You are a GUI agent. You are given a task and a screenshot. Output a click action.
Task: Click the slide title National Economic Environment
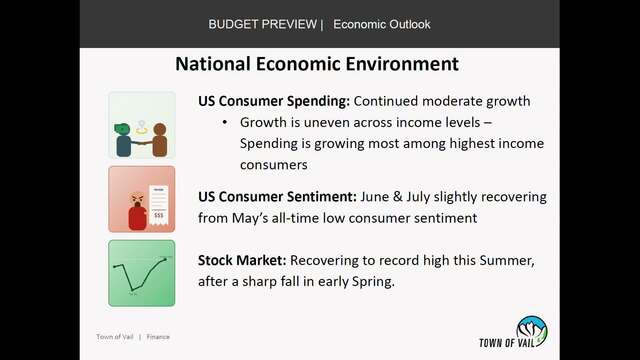click(x=317, y=64)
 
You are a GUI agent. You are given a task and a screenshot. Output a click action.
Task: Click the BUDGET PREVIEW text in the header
click(x=262, y=24)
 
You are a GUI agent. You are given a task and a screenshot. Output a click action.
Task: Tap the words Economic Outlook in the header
click(x=382, y=24)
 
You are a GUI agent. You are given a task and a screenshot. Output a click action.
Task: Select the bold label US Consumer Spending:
click(x=274, y=101)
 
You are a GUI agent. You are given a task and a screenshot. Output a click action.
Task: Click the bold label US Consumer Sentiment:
click(x=278, y=197)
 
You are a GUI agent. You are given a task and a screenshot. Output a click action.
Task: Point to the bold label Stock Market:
click(x=242, y=260)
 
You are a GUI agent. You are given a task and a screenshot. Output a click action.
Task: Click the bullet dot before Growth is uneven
click(x=224, y=122)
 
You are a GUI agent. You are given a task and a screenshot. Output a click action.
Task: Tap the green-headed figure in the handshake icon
click(x=123, y=140)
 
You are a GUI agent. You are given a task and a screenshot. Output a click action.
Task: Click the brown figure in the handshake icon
click(x=160, y=140)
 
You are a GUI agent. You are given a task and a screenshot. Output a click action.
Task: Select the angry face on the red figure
click(x=137, y=200)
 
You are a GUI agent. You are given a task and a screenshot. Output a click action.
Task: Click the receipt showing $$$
click(x=158, y=205)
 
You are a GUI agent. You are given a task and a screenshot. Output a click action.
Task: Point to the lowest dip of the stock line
click(x=132, y=290)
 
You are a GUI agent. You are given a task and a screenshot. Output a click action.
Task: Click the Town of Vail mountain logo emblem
click(x=531, y=331)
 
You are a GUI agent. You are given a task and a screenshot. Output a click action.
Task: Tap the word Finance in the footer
click(x=158, y=337)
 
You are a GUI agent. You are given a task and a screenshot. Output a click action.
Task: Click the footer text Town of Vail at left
click(x=115, y=337)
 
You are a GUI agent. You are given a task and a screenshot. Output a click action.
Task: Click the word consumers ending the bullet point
click(x=273, y=165)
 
